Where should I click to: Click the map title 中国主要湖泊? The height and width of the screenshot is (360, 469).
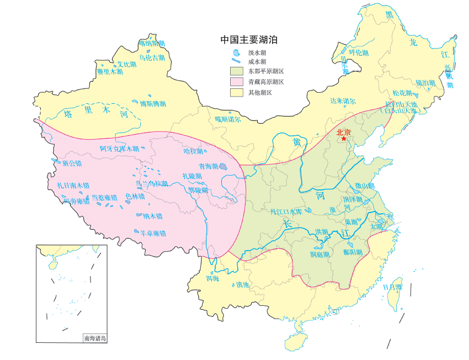coord(248,40)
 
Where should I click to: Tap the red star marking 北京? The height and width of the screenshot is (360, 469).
coord(344,139)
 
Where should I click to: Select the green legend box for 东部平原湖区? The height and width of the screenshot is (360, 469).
coord(237,71)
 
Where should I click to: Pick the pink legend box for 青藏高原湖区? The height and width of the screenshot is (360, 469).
coord(237,82)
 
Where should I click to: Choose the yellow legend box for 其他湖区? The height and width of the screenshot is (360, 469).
coord(237,93)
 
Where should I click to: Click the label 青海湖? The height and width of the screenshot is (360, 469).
coord(208,166)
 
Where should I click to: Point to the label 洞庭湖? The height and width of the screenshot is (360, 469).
coord(319,254)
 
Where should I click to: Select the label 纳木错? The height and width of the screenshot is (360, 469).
coord(152,216)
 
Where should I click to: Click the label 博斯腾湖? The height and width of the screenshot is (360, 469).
coord(153,103)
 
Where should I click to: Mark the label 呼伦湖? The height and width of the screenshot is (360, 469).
coord(358,53)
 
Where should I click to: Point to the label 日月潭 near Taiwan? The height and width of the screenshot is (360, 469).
coord(392,287)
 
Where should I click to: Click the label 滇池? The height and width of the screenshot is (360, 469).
coord(242,284)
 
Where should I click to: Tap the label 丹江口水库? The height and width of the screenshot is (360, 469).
coord(286,211)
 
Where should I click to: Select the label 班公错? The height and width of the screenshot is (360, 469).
coord(72,163)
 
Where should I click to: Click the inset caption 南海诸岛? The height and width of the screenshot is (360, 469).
coord(94,338)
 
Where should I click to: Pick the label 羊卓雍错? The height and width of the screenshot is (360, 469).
coord(152,233)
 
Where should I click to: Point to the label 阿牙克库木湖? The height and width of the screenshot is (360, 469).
coord(119,149)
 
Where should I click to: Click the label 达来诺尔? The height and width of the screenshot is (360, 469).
coord(343,101)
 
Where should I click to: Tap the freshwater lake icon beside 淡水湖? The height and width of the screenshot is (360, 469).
coord(236,53)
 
